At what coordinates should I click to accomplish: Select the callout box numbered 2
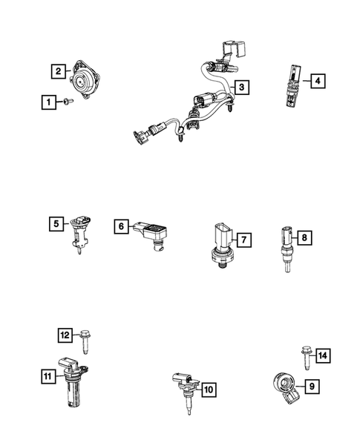pyautogui.click(x=57, y=72)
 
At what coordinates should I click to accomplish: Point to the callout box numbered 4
pyautogui.click(x=317, y=80)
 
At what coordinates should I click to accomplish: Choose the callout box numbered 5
pyautogui.click(x=55, y=223)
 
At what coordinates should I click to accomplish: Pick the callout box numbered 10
pyautogui.click(x=209, y=387)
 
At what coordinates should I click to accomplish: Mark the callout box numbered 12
pyautogui.click(x=65, y=335)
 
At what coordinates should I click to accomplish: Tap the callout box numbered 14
pyautogui.click(x=321, y=355)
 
